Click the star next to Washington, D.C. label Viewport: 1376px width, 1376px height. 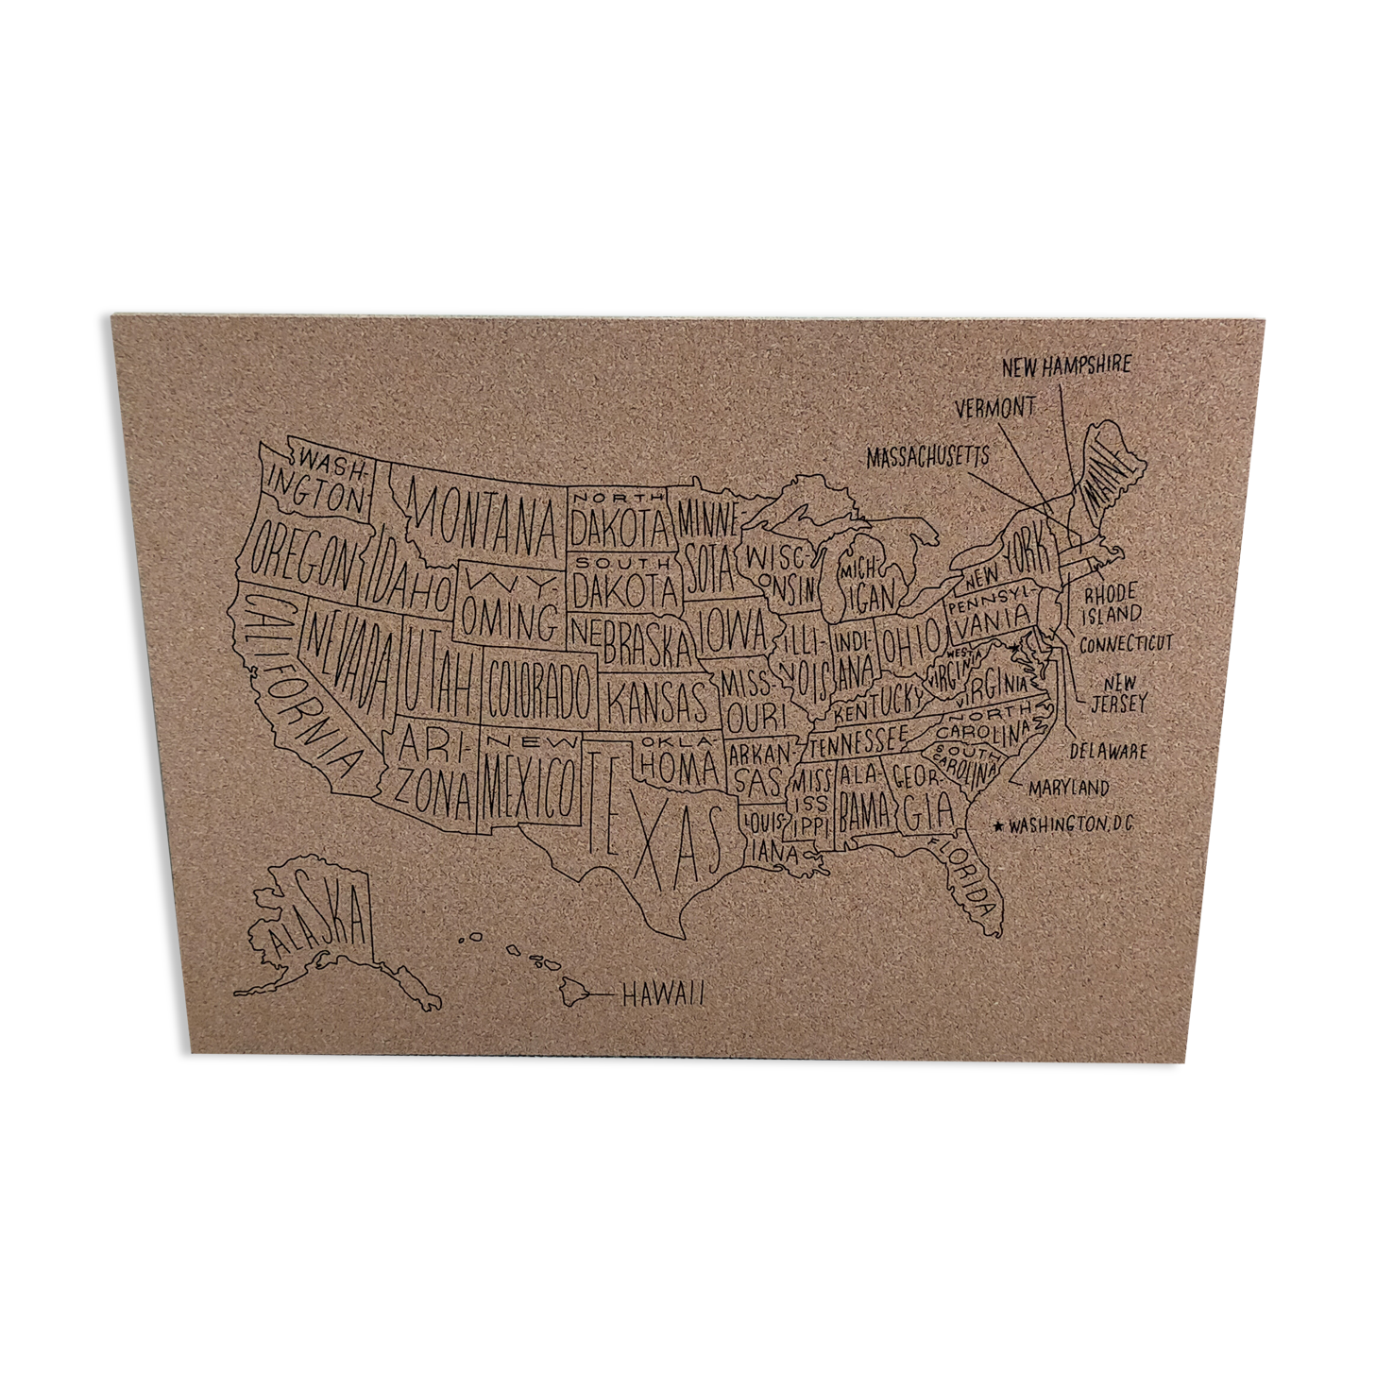(x=997, y=826)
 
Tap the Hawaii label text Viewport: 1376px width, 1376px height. (x=663, y=994)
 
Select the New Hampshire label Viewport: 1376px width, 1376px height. (x=1066, y=365)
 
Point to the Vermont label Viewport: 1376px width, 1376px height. (x=994, y=408)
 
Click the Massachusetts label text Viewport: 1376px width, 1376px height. (x=927, y=457)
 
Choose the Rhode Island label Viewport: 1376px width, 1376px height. (x=1112, y=604)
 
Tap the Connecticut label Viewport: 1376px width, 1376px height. (x=1126, y=644)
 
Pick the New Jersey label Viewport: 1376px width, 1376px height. (x=1119, y=693)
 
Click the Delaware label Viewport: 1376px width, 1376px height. (x=1109, y=752)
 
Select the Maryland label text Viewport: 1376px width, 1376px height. (x=1069, y=788)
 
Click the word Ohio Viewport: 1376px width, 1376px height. (x=911, y=642)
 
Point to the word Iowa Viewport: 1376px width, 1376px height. (x=733, y=630)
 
